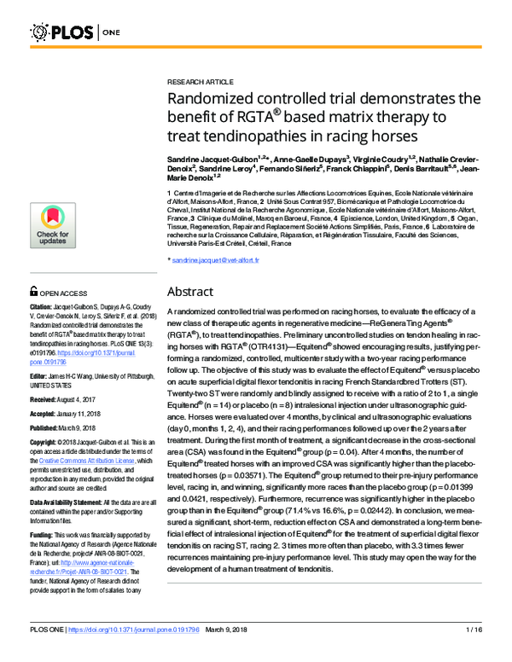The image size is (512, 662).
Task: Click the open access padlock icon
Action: pos(33,292)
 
